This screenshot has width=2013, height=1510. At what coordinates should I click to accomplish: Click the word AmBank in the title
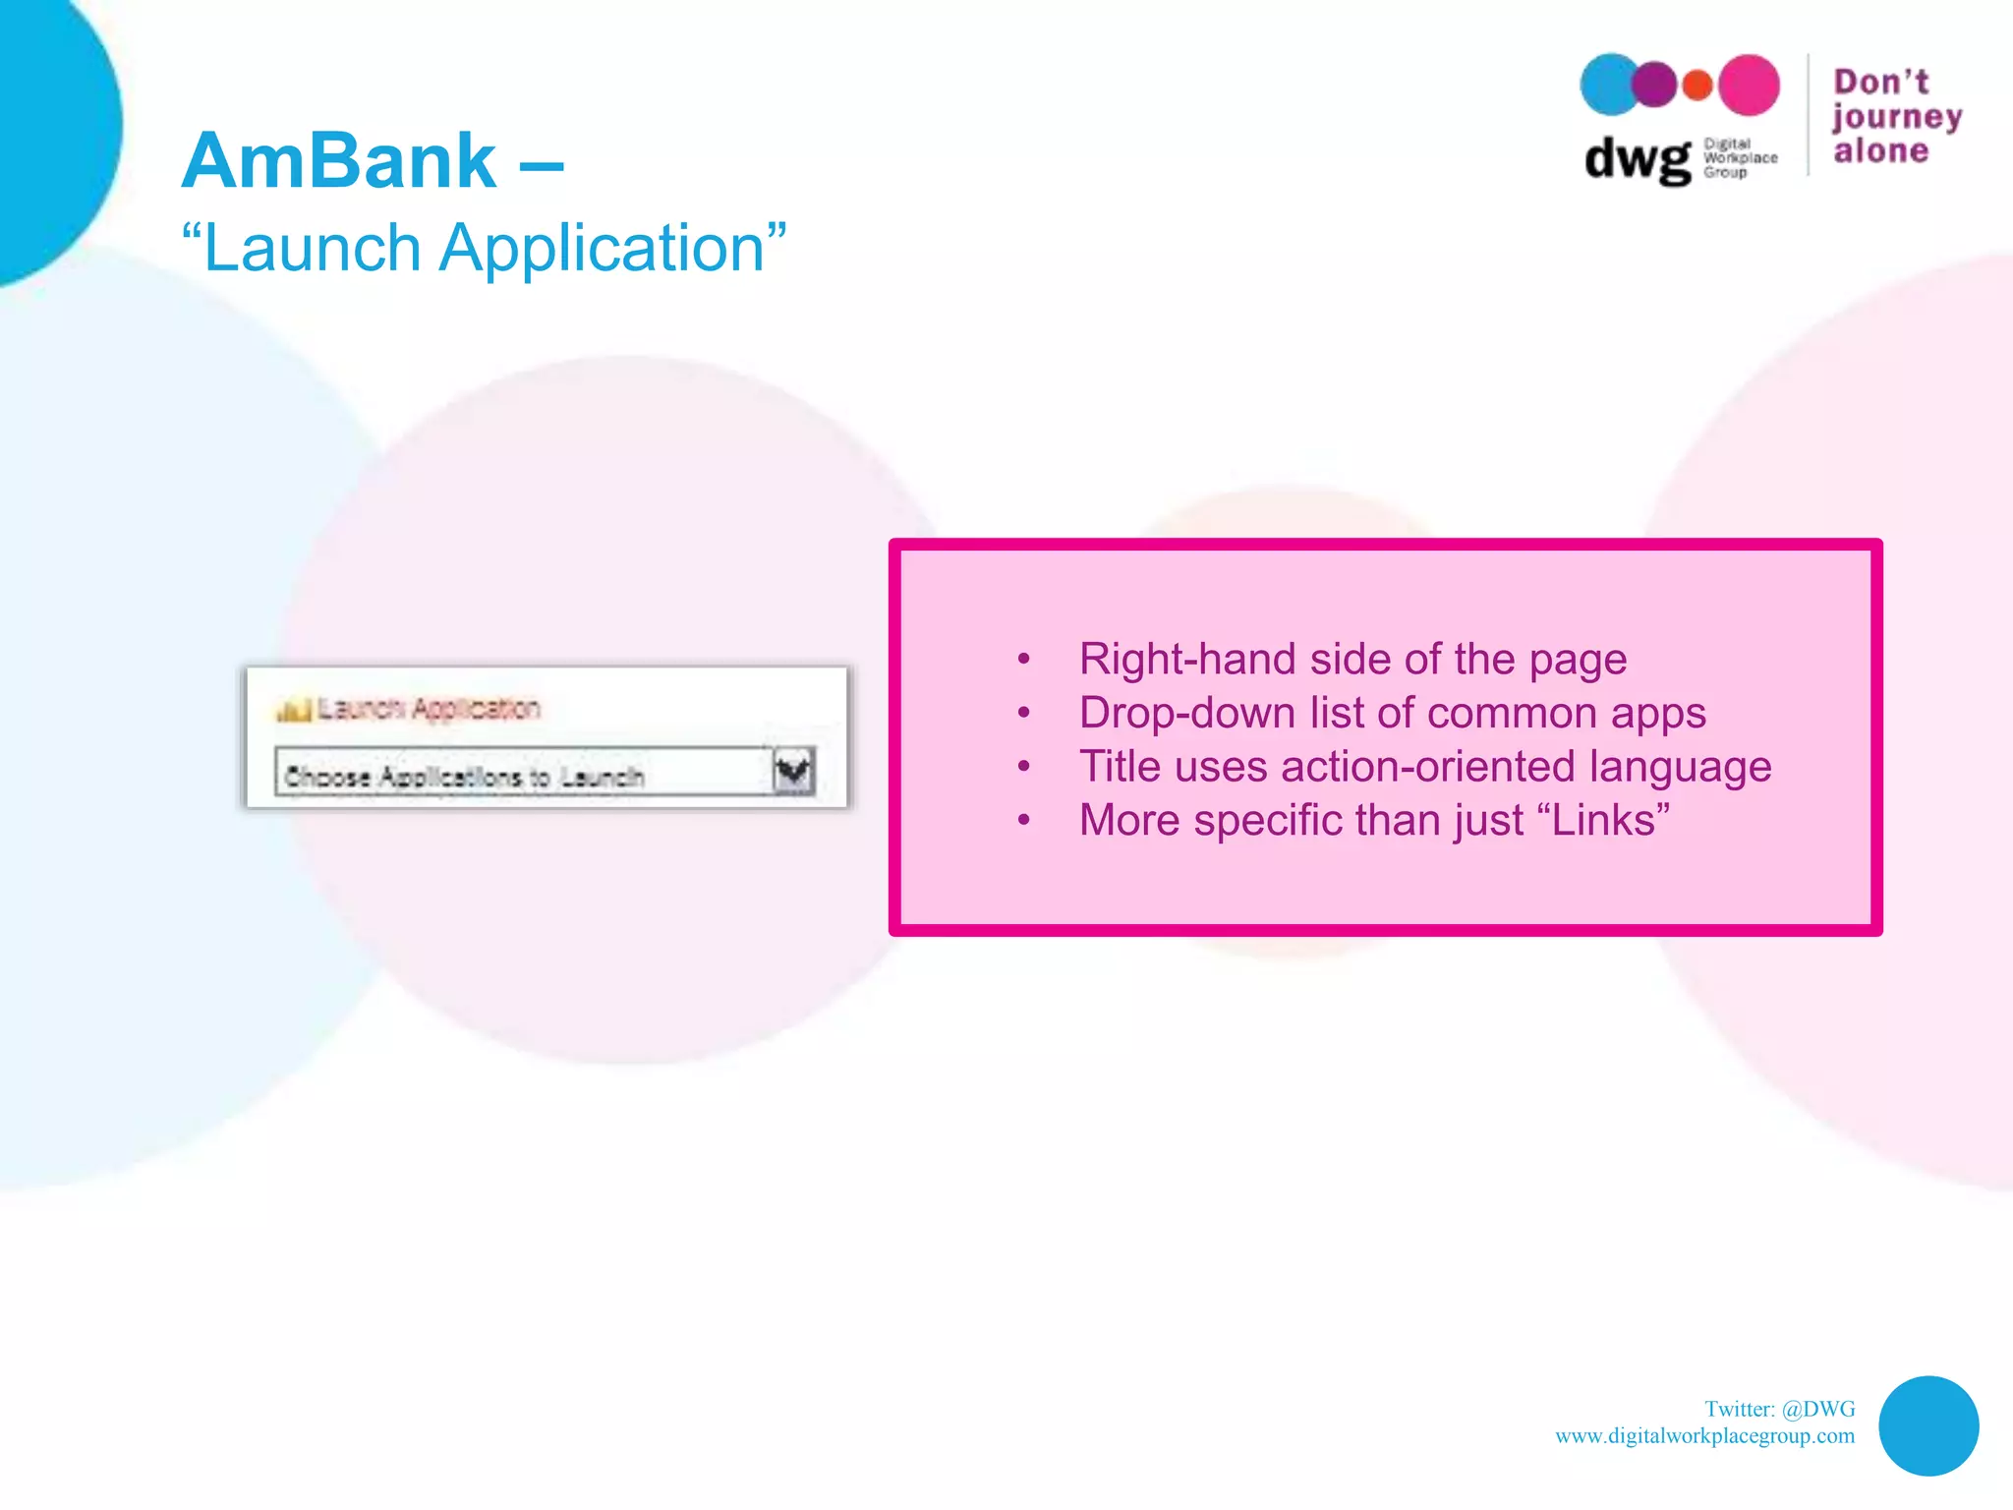tap(339, 161)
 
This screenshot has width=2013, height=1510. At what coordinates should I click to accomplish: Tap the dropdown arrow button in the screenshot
tap(793, 772)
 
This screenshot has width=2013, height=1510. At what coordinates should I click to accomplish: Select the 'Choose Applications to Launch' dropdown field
tap(521, 776)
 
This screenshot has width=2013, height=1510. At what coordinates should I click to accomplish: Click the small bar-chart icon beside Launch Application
tap(294, 709)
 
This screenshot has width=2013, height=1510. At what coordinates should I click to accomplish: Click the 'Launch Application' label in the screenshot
tap(429, 708)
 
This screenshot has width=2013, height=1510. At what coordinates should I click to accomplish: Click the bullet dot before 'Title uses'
tap(1024, 767)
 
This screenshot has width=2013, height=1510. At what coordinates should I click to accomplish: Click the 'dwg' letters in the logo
tap(1637, 159)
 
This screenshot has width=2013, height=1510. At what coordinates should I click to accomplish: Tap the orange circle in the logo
tap(1697, 86)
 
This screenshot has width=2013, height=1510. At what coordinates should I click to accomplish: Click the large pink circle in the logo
tap(1749, 86)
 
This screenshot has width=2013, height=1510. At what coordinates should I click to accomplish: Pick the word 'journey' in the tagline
tap(1896, 117)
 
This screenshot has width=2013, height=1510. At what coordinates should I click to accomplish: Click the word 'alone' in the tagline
tap(1880, 151)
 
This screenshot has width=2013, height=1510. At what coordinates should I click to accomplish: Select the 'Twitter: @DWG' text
tap(1779, 1409)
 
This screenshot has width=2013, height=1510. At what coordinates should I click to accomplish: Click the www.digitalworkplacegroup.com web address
tap(1704, 1435)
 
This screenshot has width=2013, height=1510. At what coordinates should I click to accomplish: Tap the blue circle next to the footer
tap(1927, 1425)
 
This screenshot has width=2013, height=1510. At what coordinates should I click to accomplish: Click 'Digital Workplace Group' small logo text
tap(1739, 157)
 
